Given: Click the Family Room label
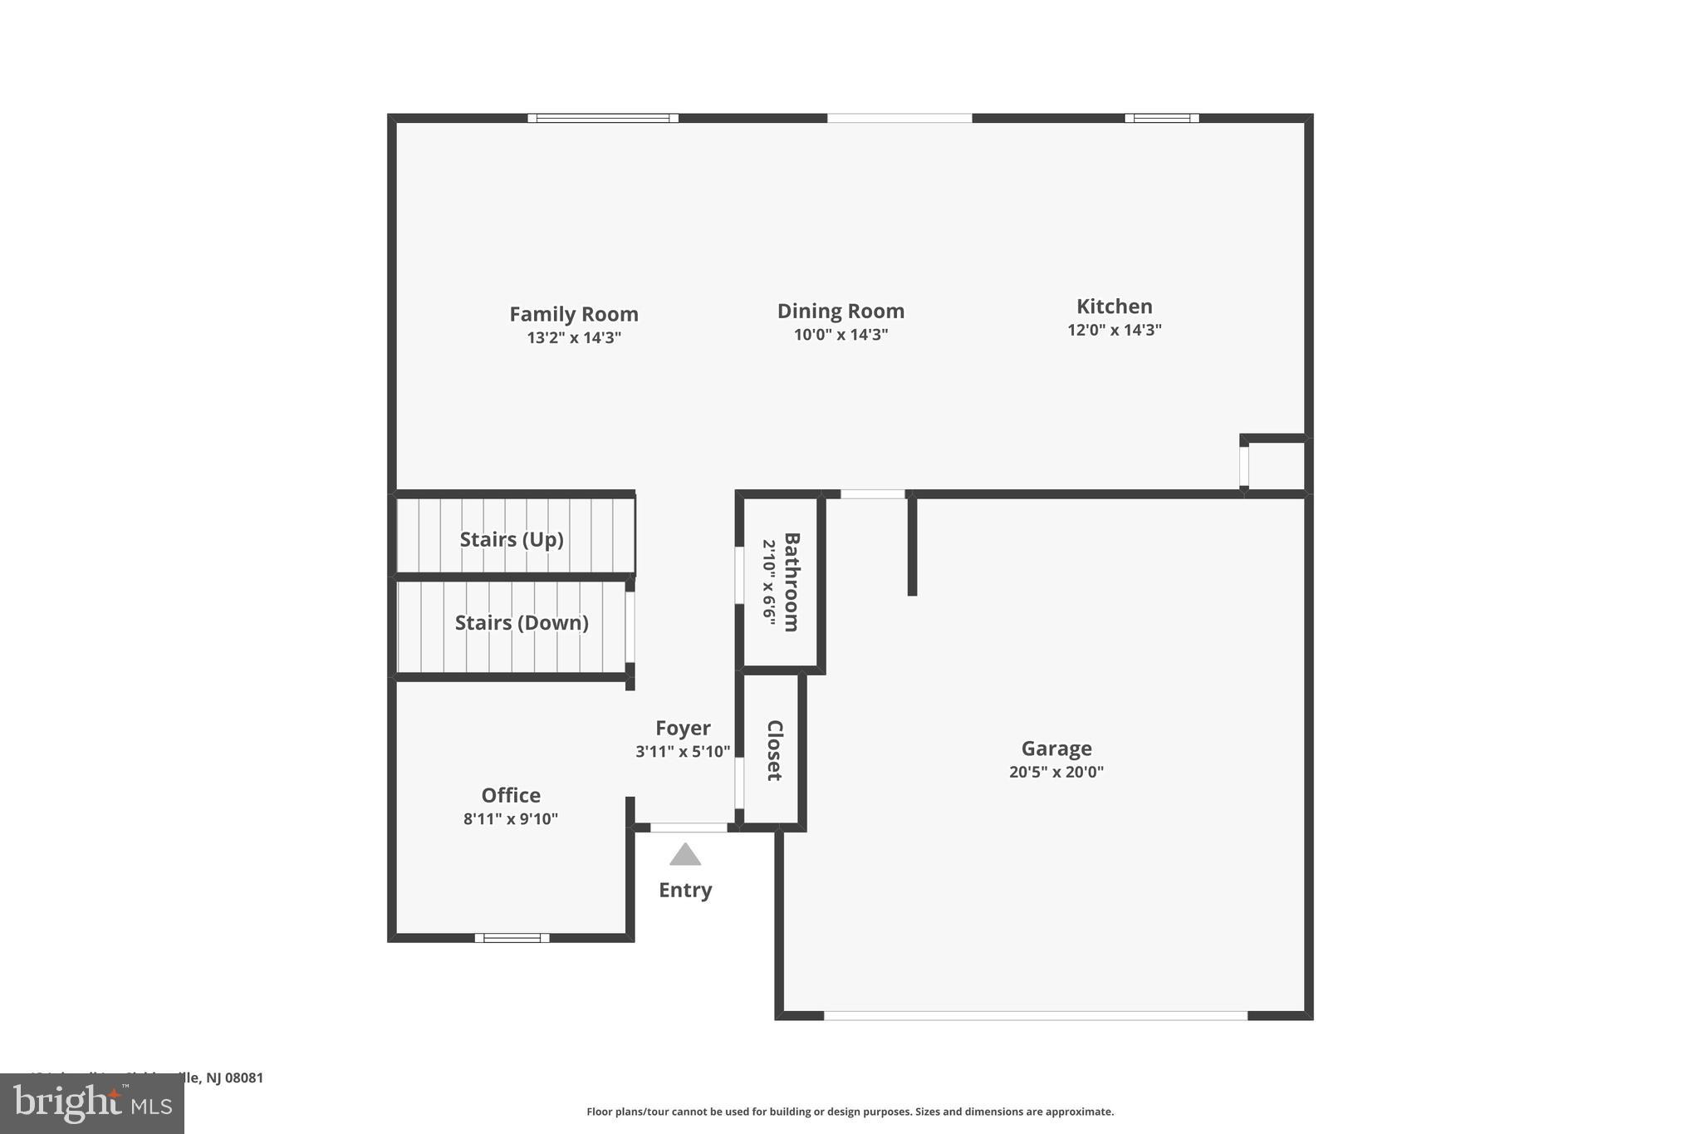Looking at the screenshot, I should coord(573,314).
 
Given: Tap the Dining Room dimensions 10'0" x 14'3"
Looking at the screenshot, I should coord(841,335).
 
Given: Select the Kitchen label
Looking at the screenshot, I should coord(1114,306).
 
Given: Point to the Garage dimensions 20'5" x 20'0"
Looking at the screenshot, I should coord(1056,772).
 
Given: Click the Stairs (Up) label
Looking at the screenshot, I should coord(512,539).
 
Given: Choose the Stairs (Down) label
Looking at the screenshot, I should coord(522,622).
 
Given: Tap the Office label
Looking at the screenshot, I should coord(511,795).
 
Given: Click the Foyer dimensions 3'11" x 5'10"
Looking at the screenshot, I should coord(683,752).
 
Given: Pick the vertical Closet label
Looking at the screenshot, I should coord(774,750).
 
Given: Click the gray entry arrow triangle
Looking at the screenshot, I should coord(685,856).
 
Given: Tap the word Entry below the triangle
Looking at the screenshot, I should coord(685,890).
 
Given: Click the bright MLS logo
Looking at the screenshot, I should coord(92,1104).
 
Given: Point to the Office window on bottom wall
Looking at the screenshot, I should coord(512,938).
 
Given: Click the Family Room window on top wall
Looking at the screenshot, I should coord(603,118).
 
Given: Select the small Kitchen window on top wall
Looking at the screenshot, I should coord(1161,118).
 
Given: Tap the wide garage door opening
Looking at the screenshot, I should coord(1035,1015).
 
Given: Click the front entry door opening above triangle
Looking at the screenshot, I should coord(688,827).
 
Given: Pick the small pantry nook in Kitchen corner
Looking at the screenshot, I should coord(1276,466).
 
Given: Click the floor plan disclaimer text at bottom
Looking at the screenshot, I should coord(850,1112).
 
